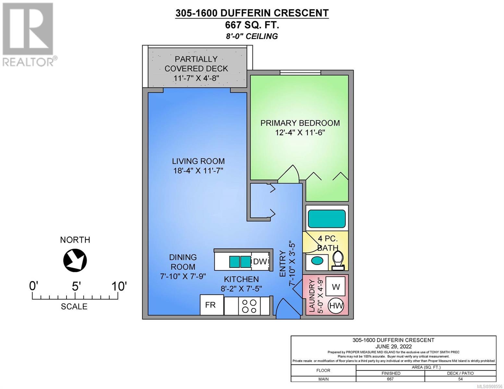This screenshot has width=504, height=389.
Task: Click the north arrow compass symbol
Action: coord(75,260)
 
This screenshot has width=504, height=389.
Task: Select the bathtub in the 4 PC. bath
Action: coord(326,219)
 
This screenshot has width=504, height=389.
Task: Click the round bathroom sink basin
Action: coord(317,260)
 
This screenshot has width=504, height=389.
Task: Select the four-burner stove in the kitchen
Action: coord(249,306)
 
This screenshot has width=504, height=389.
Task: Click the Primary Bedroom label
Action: coord(300,123)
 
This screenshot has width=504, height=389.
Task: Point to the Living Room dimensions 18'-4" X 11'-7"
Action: coord(198,171)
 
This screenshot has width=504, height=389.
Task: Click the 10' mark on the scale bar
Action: coord(119,287)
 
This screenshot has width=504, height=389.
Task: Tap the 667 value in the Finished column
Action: coord(390,379)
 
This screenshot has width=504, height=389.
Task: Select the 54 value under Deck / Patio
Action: coord(461,379)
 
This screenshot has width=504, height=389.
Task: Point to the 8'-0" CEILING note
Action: coord(252,36)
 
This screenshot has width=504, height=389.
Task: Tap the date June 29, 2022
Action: coord(394,347)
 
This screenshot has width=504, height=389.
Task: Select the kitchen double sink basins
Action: coord(240,262)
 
